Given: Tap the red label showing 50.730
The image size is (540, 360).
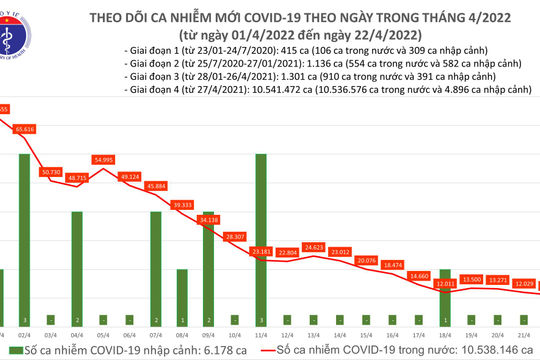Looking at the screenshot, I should click(50, 172).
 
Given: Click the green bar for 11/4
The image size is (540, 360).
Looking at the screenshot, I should click(260, 231).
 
